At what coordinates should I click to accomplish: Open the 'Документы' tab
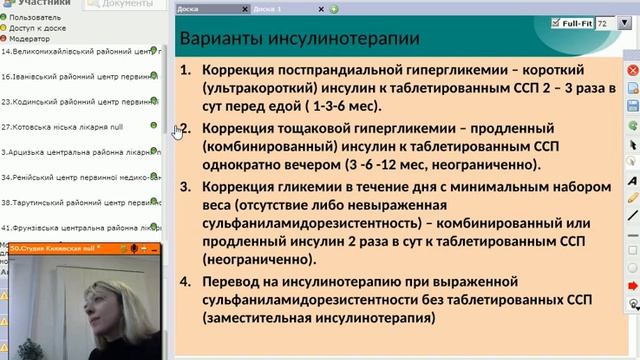pyautogui.click(x=126, y=5)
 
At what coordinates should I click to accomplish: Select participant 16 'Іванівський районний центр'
pyautogui.click(x=74, y=75)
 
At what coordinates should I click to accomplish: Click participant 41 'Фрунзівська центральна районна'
pyautogui.click(x=76, y=227)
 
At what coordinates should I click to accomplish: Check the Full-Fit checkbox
pyautogui.click(x=556, y=21)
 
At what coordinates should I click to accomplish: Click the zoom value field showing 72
pyautogui.click(x=603, y=21)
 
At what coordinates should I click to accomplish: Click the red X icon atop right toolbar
pyautogui.click(x=632, y=71)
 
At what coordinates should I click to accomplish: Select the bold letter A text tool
pyautogui.click(x=632, y=180)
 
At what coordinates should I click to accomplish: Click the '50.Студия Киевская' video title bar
pyautogui.click(x=60, y=247)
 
